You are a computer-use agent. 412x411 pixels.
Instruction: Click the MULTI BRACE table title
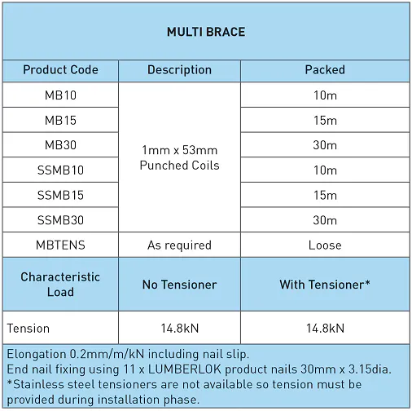[206, 33]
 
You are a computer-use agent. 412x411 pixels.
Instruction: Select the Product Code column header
[60, 70]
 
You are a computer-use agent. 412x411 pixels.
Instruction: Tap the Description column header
[179, 70]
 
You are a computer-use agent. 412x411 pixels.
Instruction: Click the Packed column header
[325, 70]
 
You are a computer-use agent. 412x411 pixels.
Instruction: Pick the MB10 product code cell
[60, 95]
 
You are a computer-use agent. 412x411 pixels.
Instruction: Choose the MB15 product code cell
[60, 121]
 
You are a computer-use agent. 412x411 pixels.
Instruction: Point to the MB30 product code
[60, 145]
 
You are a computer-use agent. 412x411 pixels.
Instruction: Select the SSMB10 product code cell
[60, 170]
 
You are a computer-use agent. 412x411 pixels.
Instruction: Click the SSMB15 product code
[60, 196]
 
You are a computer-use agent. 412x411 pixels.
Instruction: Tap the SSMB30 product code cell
[60, 220]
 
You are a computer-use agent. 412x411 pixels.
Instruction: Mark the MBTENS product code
[60, 245]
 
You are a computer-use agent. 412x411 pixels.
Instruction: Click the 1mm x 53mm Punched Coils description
[179, 158]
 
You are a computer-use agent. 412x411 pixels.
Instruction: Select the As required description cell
[179, 245]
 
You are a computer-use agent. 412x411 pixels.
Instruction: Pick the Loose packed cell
[325, 245]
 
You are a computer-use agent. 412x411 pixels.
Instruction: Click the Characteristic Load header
[60, 285]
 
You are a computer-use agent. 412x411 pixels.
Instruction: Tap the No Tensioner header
[179, 285]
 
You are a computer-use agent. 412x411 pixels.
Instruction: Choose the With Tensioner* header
[325, 285]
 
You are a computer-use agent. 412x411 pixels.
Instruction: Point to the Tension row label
[28, 328]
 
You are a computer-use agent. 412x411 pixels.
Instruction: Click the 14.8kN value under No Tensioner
[179, 328]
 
